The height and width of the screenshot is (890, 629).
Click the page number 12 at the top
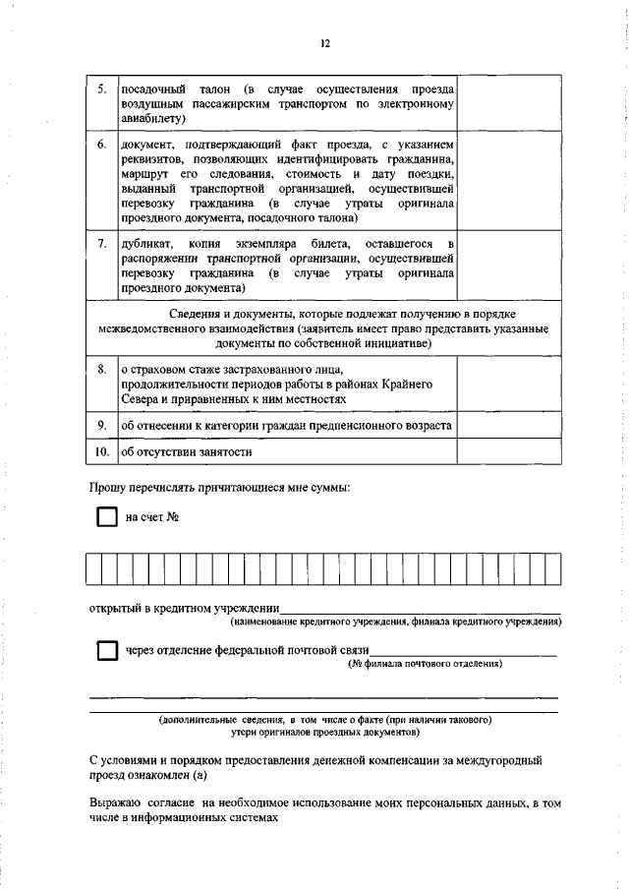(x=325, y=42)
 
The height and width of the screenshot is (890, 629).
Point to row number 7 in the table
(x=102, y=242)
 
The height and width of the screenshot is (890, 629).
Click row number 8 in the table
(x=102, y=368)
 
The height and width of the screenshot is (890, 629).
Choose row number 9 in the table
(x=102, y=425)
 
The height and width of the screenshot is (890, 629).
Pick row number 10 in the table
(x=102, y=452)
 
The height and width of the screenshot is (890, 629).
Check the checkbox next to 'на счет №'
(x=106, y=518)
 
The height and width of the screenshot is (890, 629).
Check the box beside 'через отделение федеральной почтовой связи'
(x=106, y=651)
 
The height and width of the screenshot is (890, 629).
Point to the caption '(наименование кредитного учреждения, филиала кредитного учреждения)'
(x=396, y=623)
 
